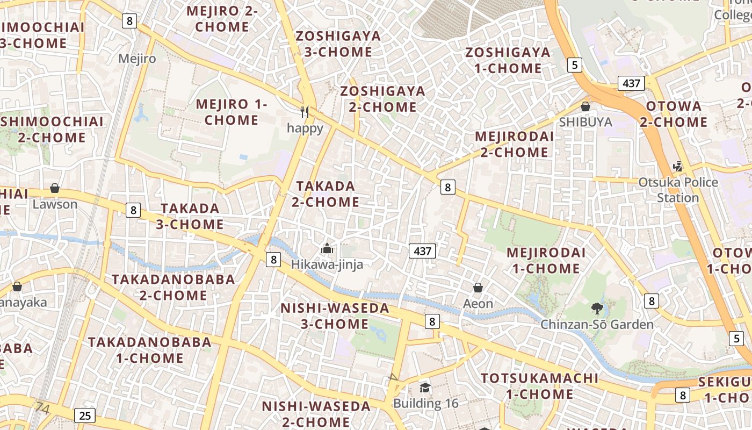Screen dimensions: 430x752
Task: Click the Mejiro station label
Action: [x=137, y=59]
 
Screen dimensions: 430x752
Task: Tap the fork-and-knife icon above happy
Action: [x=305, y=112]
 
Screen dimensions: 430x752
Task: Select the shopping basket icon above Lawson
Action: [x=54, y=188]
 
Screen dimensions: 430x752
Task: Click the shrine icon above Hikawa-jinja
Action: [x=327, y=248]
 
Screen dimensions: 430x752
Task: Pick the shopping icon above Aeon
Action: [x=478, y=288]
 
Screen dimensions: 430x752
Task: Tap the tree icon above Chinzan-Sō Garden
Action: [x=597, y=308]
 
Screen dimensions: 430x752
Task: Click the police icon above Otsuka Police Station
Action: [x=678, y=166]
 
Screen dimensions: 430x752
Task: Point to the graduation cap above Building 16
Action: [x=425, y=388]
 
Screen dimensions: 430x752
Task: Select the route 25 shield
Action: [x=85, y=415]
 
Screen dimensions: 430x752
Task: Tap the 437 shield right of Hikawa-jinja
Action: [x=422, y=250]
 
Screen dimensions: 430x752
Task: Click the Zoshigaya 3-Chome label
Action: [x=338, y=44]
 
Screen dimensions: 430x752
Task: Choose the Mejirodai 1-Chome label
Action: [x=546, y=260]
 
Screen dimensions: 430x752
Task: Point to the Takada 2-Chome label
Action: [x=326, y=194]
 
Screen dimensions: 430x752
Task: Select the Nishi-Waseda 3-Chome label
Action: [x=335, y=316]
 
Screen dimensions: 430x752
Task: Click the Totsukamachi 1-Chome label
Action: [x=539, y=386]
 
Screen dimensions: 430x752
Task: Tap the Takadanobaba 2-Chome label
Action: [x=173, y=287]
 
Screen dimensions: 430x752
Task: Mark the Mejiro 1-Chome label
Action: [x=232, y=112]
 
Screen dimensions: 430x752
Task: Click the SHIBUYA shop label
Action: [x=585, y=122]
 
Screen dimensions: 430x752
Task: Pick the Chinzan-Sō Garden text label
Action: [x=597, y=324]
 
